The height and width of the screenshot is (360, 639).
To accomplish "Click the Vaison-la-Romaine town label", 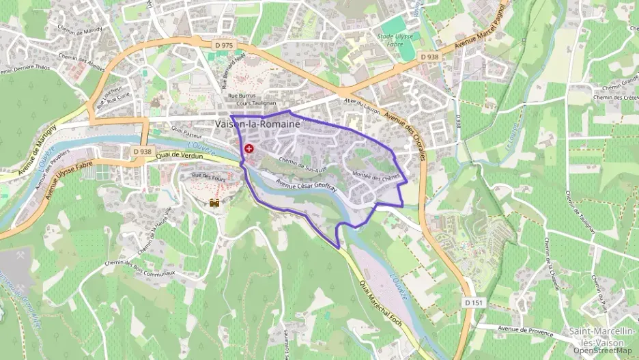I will [x=257, y=124].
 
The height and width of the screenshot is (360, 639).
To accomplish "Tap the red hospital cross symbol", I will [x=248, y=148].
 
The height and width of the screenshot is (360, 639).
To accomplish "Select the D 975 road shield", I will [x=223, y=45].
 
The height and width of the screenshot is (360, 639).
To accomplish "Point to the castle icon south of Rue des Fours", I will [x=214, y=203].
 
